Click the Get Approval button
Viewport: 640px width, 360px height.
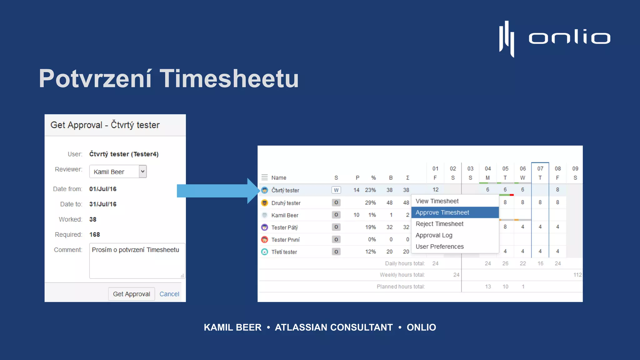coord(131,294)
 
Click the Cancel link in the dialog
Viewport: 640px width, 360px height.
coord(169,294)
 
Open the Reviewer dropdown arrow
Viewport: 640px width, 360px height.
coord(143,171)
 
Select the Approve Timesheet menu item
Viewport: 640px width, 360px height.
coord(442,212)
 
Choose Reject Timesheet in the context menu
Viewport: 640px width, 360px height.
coord(439,224)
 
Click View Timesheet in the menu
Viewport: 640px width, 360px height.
coord(437,201)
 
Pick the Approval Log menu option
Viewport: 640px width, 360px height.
coord(434,235)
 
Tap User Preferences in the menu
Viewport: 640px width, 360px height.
coord(439,247)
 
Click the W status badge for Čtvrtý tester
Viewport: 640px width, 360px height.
coord(336,190)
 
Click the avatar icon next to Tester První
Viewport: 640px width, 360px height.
coord(264,240)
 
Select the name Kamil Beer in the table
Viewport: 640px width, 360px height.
coord(284,215)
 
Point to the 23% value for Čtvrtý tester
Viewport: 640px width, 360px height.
coord(370,190)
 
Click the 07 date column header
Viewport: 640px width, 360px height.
coord(540,169)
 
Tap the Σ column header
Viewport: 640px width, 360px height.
coord(407,178)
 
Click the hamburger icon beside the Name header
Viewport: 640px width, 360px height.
coord(264,177)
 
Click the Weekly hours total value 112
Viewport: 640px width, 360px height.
coord(577,275)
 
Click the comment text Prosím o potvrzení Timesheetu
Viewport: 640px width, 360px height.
coord(135,250)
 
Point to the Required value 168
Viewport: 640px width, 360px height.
coord(94,235)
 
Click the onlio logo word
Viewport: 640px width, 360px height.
coord(569,38)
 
